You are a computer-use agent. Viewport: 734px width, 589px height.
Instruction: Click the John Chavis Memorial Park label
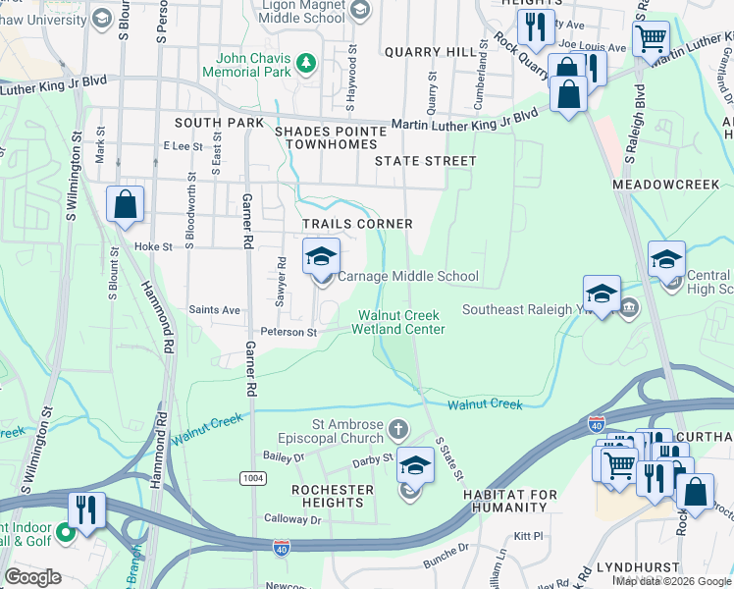(x=247, y=65)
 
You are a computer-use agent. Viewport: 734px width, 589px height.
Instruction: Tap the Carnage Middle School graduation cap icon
(x=321, y=257)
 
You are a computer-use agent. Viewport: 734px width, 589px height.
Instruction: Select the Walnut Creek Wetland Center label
(x=401, y=322)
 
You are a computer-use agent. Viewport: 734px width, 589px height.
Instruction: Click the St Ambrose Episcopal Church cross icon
(x=397, y=429)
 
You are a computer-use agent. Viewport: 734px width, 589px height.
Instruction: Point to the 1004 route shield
(x=251, y=477)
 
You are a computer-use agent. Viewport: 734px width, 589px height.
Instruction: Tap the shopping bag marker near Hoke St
(x=126, y=206)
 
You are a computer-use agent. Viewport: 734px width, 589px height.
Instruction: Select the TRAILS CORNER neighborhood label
(x=357, y=224)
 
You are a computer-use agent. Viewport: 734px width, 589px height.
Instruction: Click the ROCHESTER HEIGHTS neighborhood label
(x=333, y=496)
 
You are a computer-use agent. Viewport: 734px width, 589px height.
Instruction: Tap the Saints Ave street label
(x=216, y=310)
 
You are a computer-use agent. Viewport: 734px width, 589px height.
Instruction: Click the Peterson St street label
(x=288, y=333)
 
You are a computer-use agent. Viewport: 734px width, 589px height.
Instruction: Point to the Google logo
(x=32, y=577)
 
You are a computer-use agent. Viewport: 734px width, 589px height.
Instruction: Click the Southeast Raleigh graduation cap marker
(x=602, y=294)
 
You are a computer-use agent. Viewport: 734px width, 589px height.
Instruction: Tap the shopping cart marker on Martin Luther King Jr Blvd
(x=651, y=40)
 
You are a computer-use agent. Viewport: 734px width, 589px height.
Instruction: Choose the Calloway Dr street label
(x=292, y=519)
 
